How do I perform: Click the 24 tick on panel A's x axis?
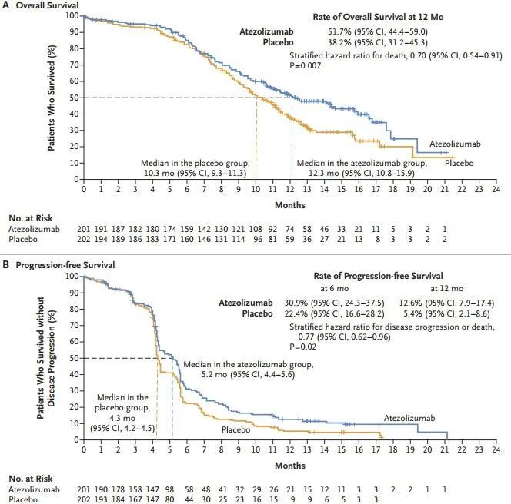(496, 188)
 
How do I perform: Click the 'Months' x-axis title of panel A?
(289, 205)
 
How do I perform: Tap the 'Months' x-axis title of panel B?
(289, 466)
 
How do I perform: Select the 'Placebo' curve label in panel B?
(237, 429)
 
